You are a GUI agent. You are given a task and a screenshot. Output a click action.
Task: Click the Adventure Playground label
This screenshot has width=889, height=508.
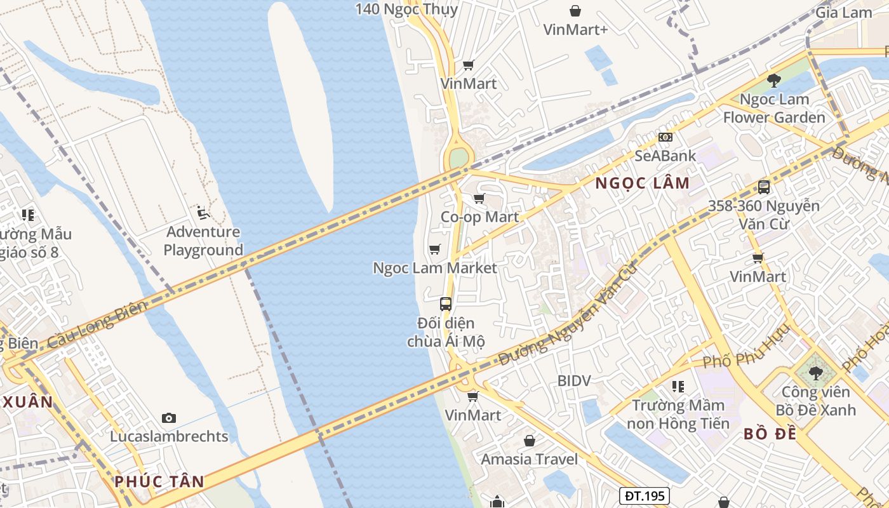point(203,241)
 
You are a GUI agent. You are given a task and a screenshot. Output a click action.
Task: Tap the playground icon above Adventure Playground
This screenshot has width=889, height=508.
point(203,212)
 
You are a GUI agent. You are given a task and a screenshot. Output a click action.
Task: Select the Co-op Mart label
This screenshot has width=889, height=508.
point(479,217)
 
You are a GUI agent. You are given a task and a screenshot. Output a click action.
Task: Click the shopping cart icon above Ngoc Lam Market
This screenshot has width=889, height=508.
point(434,249)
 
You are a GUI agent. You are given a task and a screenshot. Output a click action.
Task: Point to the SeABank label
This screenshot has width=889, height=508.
point(665,156)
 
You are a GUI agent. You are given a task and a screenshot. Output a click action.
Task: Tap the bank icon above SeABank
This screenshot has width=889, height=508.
point(665,137)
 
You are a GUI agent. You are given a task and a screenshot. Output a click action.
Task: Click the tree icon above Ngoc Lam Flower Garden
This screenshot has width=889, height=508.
point(773,80)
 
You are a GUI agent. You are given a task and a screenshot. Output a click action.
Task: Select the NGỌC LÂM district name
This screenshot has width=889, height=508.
point(642,184)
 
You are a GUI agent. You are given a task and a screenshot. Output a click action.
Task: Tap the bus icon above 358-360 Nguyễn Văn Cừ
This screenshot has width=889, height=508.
point(763,187)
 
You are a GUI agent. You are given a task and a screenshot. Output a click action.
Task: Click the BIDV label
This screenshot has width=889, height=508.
point(574,381)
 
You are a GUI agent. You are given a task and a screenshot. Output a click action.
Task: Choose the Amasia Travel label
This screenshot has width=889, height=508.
point(529,459)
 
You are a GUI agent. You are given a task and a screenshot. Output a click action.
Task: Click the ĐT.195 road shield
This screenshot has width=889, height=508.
point(644,495)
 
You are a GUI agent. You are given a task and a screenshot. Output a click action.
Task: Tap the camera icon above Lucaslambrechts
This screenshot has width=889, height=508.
point(168,417)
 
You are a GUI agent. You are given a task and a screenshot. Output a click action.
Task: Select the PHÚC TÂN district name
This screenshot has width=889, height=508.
point(159,481)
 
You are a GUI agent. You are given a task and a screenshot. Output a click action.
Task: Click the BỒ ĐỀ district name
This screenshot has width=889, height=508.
point(770,434)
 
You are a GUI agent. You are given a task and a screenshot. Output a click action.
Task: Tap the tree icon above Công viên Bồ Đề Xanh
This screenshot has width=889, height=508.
point(815,373)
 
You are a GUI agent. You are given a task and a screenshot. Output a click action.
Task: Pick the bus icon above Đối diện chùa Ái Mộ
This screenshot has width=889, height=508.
point(446,304)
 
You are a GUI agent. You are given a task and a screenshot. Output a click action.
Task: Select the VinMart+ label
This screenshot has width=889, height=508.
point(575,29)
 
